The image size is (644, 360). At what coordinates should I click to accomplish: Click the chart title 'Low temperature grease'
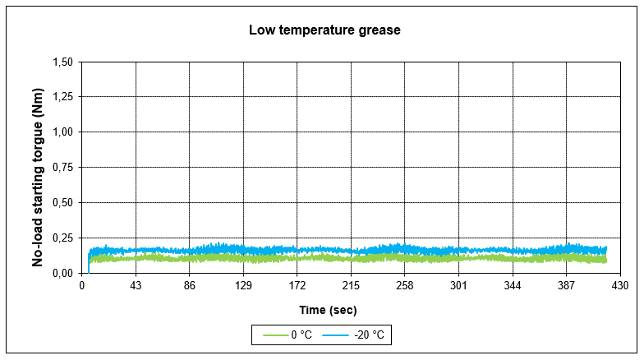pos(324,30)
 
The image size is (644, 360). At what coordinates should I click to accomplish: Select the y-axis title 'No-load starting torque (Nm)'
pos(38,178)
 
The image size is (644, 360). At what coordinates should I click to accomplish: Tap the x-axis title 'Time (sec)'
pos(328,310)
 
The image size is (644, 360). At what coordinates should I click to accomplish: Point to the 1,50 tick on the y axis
pos(62,62)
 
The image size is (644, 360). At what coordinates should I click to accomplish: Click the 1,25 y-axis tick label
pos(62,97)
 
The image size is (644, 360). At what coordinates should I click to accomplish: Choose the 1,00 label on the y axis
pos(62,132)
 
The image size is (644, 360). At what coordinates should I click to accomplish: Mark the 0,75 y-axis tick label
pos(62,168)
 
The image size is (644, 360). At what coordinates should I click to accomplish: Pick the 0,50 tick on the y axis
pos(62,202)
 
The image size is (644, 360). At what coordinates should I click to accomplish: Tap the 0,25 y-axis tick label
pos(62,238)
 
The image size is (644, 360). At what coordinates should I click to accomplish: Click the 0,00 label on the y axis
pos(62,273)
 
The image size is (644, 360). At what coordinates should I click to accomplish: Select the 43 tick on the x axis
pos(136,285)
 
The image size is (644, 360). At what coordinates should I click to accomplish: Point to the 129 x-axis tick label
pos(243,285)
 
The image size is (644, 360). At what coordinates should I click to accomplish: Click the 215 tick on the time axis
pos(351,285)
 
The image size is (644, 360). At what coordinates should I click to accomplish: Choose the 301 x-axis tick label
pos(458,285)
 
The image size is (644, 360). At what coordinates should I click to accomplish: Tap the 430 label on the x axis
pos(620,285)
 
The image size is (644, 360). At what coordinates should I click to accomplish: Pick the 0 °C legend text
pos(301,335)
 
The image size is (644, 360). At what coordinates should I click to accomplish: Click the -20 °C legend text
pos(370,335)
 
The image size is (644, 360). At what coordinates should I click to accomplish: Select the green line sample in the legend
pos(276,335)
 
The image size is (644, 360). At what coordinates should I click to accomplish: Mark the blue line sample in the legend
pos(335,335)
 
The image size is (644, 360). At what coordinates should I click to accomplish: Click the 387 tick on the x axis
pos(566,285)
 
